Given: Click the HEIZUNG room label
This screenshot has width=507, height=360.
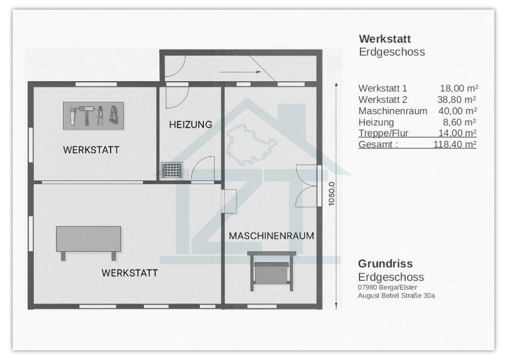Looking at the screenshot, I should click(191, 124).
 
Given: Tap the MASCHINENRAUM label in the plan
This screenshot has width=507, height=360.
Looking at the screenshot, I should click(271, 236).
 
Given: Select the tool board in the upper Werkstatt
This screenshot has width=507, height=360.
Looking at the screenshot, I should click(93, 116).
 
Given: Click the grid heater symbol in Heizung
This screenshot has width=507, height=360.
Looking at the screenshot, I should click(171, 170).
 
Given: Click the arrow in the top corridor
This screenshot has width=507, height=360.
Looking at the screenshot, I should click(248, 72).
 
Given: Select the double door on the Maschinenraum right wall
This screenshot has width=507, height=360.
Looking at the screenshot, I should click(308, 186).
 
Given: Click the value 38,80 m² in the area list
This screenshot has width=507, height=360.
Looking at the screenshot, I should click(456, 100).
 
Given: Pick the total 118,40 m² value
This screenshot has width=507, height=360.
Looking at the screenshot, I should click(455, 145).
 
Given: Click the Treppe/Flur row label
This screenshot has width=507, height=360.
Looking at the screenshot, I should click(383, 133).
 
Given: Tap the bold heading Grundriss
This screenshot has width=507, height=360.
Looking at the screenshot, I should click(385, 264).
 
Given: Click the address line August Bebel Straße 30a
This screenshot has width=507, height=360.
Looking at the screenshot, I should click(396, 295).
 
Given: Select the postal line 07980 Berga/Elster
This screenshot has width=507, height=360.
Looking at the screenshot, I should click(387, 287).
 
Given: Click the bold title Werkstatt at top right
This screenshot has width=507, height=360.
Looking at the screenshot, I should click(385, 39).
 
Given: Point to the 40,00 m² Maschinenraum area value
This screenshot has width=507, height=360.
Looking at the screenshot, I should click(457, 111).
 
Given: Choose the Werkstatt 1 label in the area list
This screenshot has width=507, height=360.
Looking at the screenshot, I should click(383, 89).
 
